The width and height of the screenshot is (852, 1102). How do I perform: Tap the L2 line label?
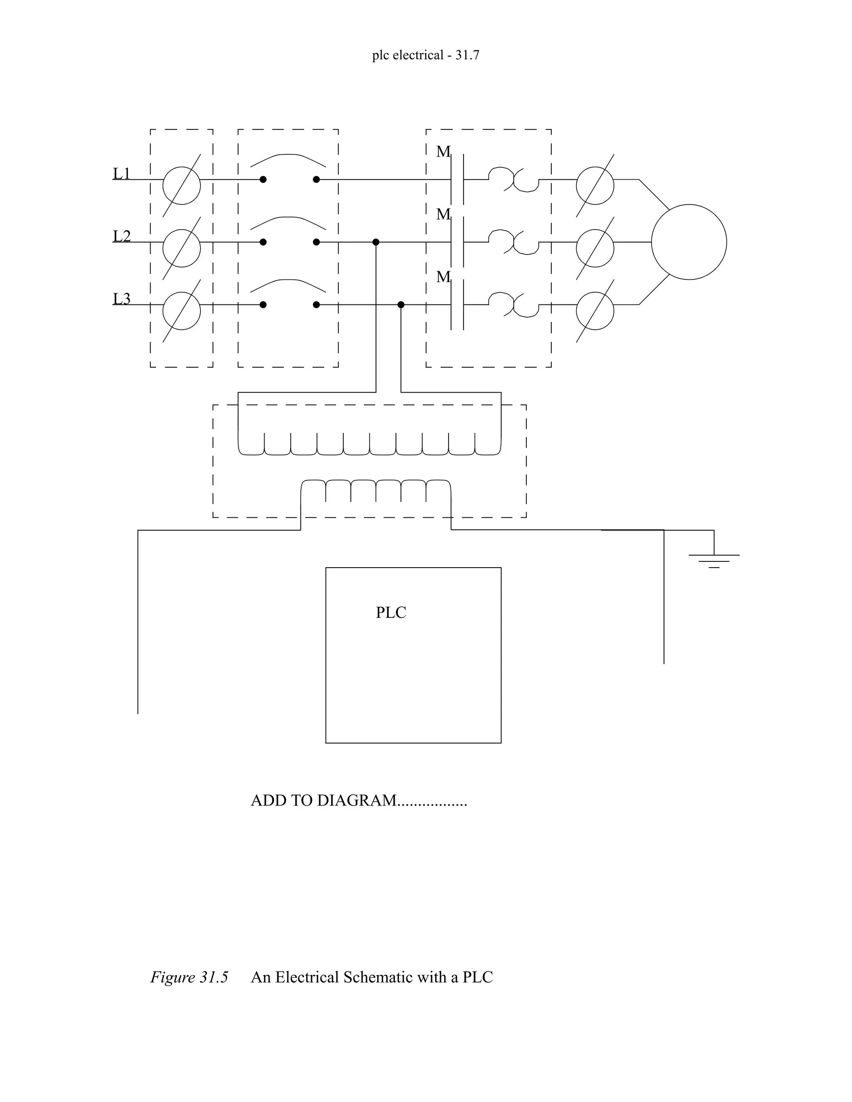coord(121,236)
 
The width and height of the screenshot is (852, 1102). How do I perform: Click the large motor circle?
coord(689,242)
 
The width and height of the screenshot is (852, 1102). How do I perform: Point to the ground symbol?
coord(714,561)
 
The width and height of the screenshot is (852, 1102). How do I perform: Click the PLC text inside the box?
coord(391,613)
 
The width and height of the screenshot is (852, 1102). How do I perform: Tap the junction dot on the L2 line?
coord(376,242)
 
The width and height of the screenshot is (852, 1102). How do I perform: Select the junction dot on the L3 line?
coord(401,305)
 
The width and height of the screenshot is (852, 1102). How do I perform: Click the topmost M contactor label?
coord(443,152)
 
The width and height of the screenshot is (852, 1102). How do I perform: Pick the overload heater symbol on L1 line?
coord(513,180)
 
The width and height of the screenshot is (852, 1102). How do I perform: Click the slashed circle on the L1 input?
coord(182,186)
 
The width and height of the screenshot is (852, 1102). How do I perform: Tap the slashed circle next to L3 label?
coord(182,311)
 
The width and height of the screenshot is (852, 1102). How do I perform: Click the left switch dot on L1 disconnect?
coord(263,180)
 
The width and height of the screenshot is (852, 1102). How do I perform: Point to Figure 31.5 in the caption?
coord(189,977)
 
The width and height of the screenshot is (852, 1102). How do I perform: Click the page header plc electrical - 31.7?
coord(426,55)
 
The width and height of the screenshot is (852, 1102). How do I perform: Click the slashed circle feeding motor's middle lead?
coord(594,248)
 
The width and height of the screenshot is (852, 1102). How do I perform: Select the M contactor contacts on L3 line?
coord(457,305)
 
